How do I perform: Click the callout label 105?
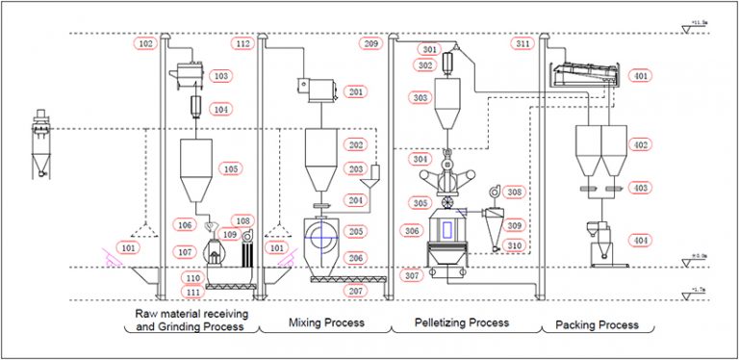pyautogui.click(x=231, y=168)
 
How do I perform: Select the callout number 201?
pyautogui.click(x=356, y=92)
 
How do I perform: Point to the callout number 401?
pyautogui.click(x=639, y=75)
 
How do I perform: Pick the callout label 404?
pyautogui.click(x=639, y=240)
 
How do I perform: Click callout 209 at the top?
pyautogui.click(x=370, y=43)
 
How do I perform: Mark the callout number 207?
pyautogui.click(x=356, y=290)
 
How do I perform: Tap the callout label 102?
pyautogui.click(x=146, y=43)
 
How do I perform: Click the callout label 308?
pyautogui.click(x=515, y=192)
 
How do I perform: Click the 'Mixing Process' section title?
pyautogui.click(x=326, y=322)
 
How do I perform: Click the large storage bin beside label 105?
pyautogui.click(x=197, y=168)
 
